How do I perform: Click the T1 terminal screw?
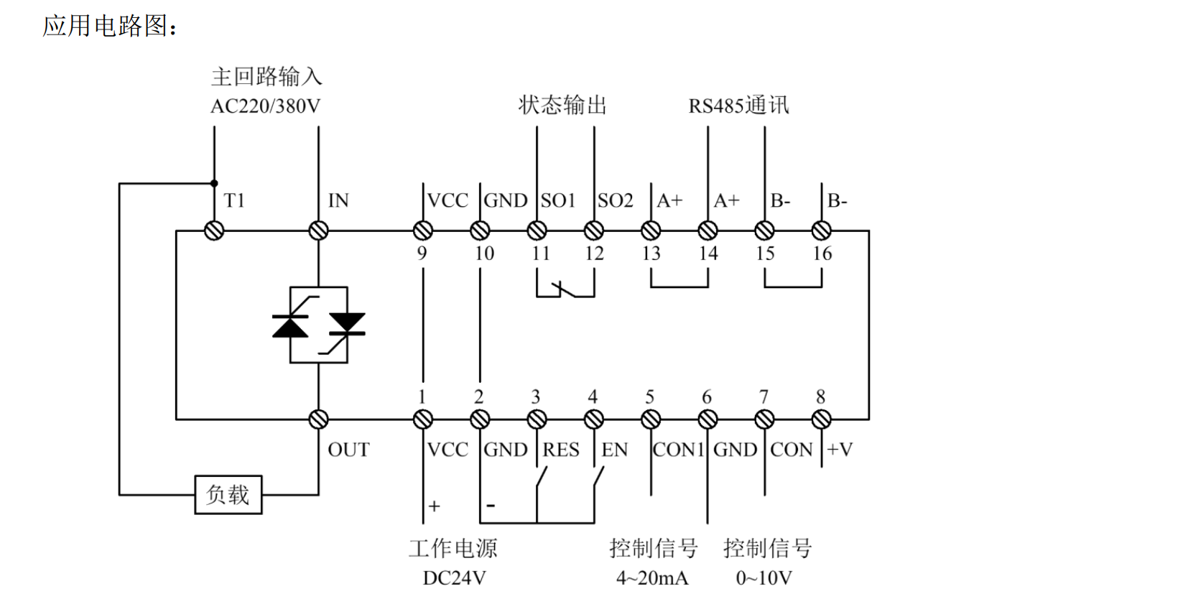214,231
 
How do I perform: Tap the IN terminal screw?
318,231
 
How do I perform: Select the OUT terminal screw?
318,420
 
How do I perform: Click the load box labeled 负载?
228,495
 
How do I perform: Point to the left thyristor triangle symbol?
290,327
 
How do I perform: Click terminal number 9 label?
422,254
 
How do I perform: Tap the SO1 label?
557,200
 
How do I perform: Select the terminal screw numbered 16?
821,231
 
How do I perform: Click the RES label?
561,450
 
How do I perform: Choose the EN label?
614,450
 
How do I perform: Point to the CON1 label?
679,450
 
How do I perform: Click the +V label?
839,450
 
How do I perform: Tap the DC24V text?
454,578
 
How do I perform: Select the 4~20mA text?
652,578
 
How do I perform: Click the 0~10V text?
764,578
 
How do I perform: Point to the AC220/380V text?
265,107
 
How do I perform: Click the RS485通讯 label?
738,106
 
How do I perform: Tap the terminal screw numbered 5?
651,420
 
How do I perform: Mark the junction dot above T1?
214,183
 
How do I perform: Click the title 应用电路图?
106,25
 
